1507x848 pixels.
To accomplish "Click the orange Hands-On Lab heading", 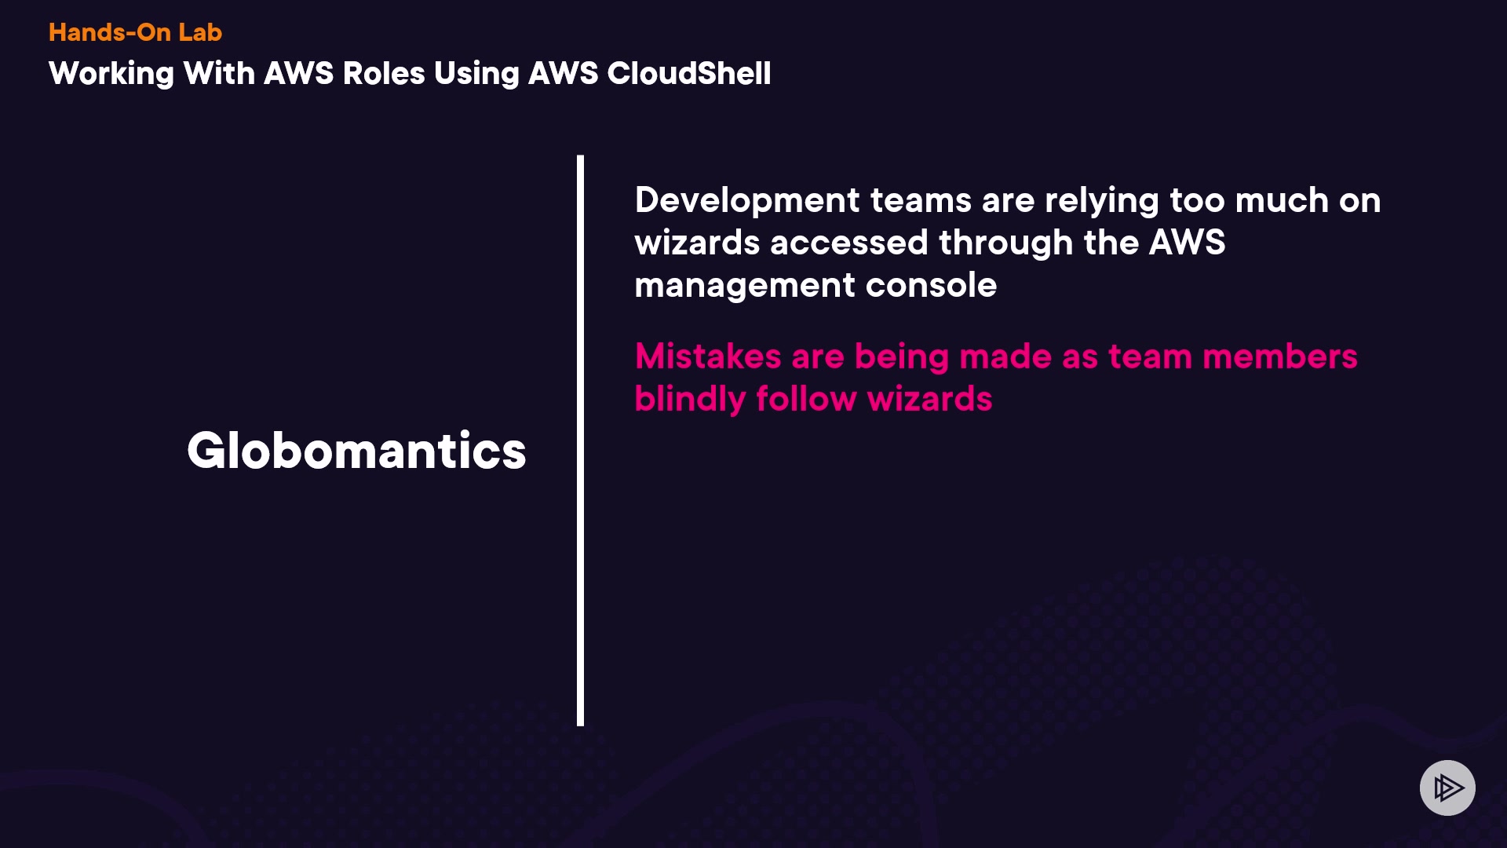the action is (x=135, y=32).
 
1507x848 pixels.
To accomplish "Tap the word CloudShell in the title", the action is (x=688, y=74).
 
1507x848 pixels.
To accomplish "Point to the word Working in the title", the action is (x=111, y=74).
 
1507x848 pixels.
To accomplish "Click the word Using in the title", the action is (x=476, y=74).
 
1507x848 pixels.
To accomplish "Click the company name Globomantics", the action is (x=356, y=451).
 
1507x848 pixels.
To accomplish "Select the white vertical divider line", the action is (x=580, y=440).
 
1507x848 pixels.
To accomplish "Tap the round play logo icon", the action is (x=1447, y=788).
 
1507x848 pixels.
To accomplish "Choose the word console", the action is (x=931, y=285).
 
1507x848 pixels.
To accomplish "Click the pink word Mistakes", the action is (x=707, y=356).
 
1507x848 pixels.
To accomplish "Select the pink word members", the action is (x=1279, y=356).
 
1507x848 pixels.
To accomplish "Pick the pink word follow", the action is (x=806, y=399).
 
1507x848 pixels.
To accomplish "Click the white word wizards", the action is (x=696, y=243).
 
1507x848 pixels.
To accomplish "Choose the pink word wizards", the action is (x=930, y=399).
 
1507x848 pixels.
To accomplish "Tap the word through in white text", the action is (x=1005, y=243).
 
